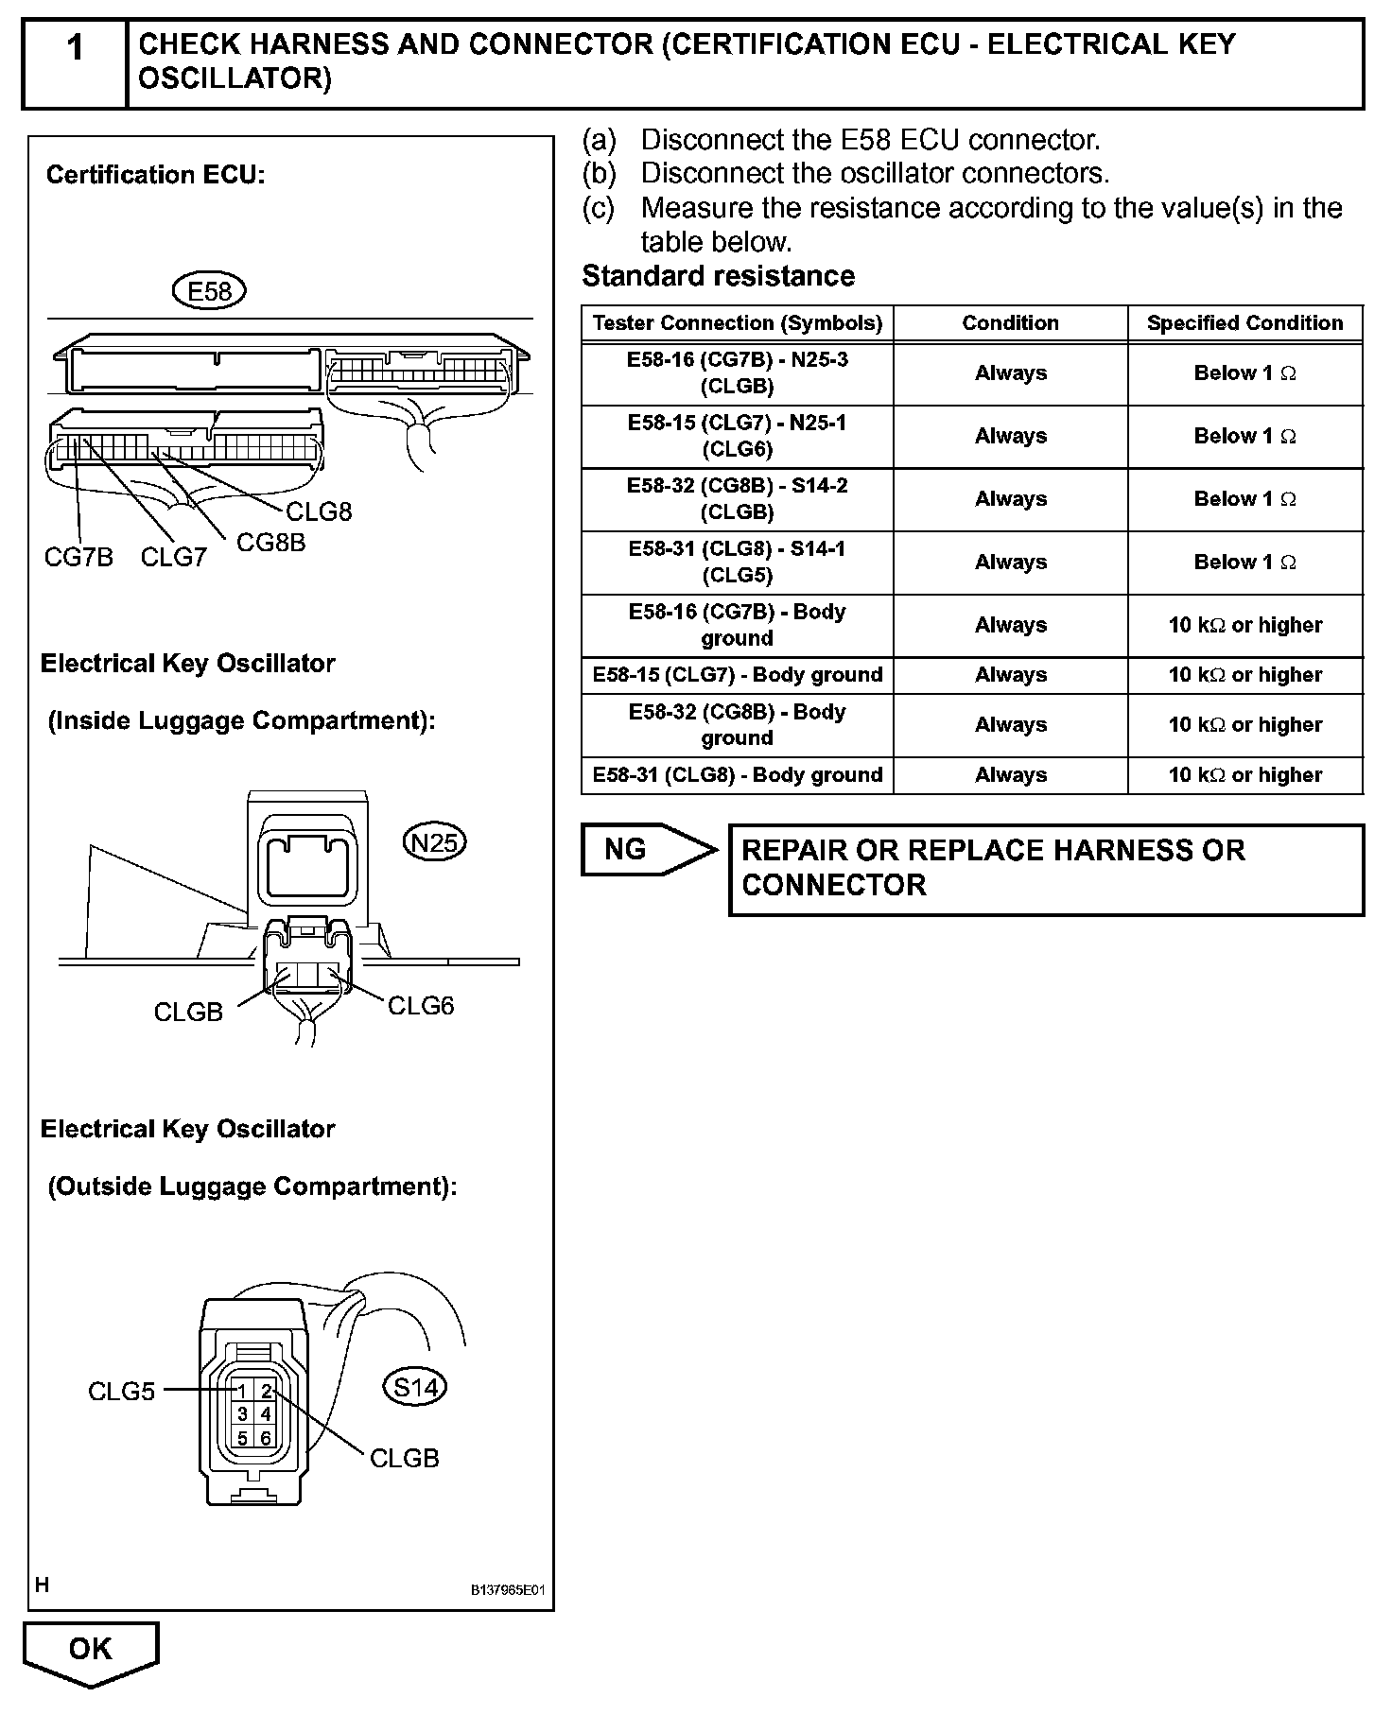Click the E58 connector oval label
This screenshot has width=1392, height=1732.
coord(209,291)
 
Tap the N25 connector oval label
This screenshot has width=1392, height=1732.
coord(435,841)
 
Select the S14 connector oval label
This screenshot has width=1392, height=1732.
coord(415,1387)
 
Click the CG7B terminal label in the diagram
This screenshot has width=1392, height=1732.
coord(78,557)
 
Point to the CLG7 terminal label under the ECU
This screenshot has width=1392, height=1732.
coord(173,557)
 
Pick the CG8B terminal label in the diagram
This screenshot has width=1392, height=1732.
coord(270,543)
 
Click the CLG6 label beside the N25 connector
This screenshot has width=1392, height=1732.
coord(421,1006)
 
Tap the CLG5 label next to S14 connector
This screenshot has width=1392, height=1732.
coord(121,1392)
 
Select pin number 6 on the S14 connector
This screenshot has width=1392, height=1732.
coord(266,1438)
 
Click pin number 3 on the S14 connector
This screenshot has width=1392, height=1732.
coord(243,1414)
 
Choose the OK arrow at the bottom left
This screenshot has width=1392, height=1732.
coord(91,1651)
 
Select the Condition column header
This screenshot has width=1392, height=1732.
coord(1010,322)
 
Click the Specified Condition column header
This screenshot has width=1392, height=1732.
coord(1244,322)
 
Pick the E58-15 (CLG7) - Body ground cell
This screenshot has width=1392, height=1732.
coord(738,675)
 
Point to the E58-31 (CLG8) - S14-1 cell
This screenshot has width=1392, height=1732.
coord(738,562)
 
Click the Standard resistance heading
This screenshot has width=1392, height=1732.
coord(718,276)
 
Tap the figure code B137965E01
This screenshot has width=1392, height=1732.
coord(509,1590)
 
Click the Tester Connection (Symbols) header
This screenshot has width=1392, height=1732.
coord(738,322)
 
